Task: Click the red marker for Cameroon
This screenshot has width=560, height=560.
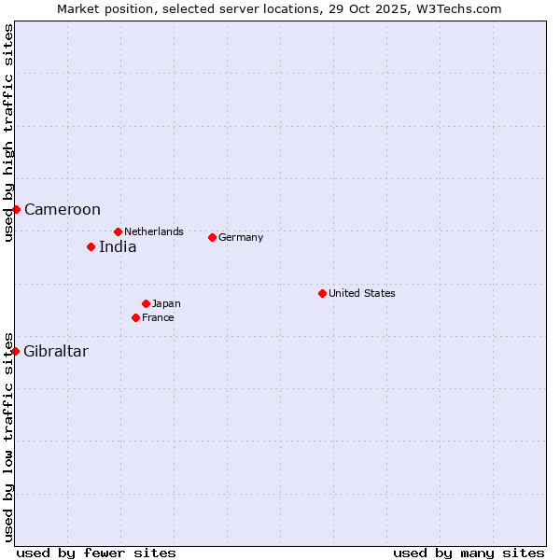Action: [x=16, y=209]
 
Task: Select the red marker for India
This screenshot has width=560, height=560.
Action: [x=91, y=246]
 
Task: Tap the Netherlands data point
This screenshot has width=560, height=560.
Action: [x=118, y=231]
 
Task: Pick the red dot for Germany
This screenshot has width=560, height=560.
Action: [x=212, y=237]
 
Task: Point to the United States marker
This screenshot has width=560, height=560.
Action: [x=322, y=293]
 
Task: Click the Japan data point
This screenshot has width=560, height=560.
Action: [x=146, y=303]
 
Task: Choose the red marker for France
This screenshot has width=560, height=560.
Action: [x=135, y=317]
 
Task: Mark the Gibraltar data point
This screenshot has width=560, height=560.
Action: [x=16, y=351]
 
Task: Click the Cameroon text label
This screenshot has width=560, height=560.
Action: [x=63, y=210]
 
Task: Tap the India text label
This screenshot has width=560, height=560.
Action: [x=118, y=247]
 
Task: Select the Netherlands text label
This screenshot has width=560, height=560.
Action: [x=154, y=231]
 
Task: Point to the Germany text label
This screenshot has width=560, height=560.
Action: [x=241, y=237]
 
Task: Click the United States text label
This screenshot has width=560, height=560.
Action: [x=362, y=293]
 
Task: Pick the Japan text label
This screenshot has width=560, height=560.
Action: [x=166, y=303]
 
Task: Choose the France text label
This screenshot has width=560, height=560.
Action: [x=158, y=317]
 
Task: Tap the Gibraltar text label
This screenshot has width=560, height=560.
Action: [x=56, y=352]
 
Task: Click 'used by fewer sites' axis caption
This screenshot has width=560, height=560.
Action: [x=96, y=553]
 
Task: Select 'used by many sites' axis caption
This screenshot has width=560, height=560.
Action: [x=469, y=553]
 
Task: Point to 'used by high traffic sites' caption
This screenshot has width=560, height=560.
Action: [x=8, y=133]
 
